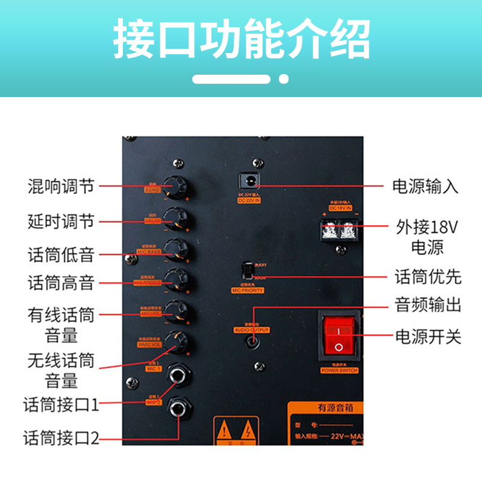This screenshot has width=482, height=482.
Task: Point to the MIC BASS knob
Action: [x=177, y=249]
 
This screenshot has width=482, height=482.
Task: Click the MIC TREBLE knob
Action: [x=177, y=280]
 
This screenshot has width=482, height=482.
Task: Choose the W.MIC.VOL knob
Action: [x=178, y=342]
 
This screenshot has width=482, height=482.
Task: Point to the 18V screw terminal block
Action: [x=340, y=230]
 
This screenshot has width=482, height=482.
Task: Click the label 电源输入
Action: [x=425, y=186]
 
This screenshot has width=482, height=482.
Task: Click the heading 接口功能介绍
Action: [x=241, y=40]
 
